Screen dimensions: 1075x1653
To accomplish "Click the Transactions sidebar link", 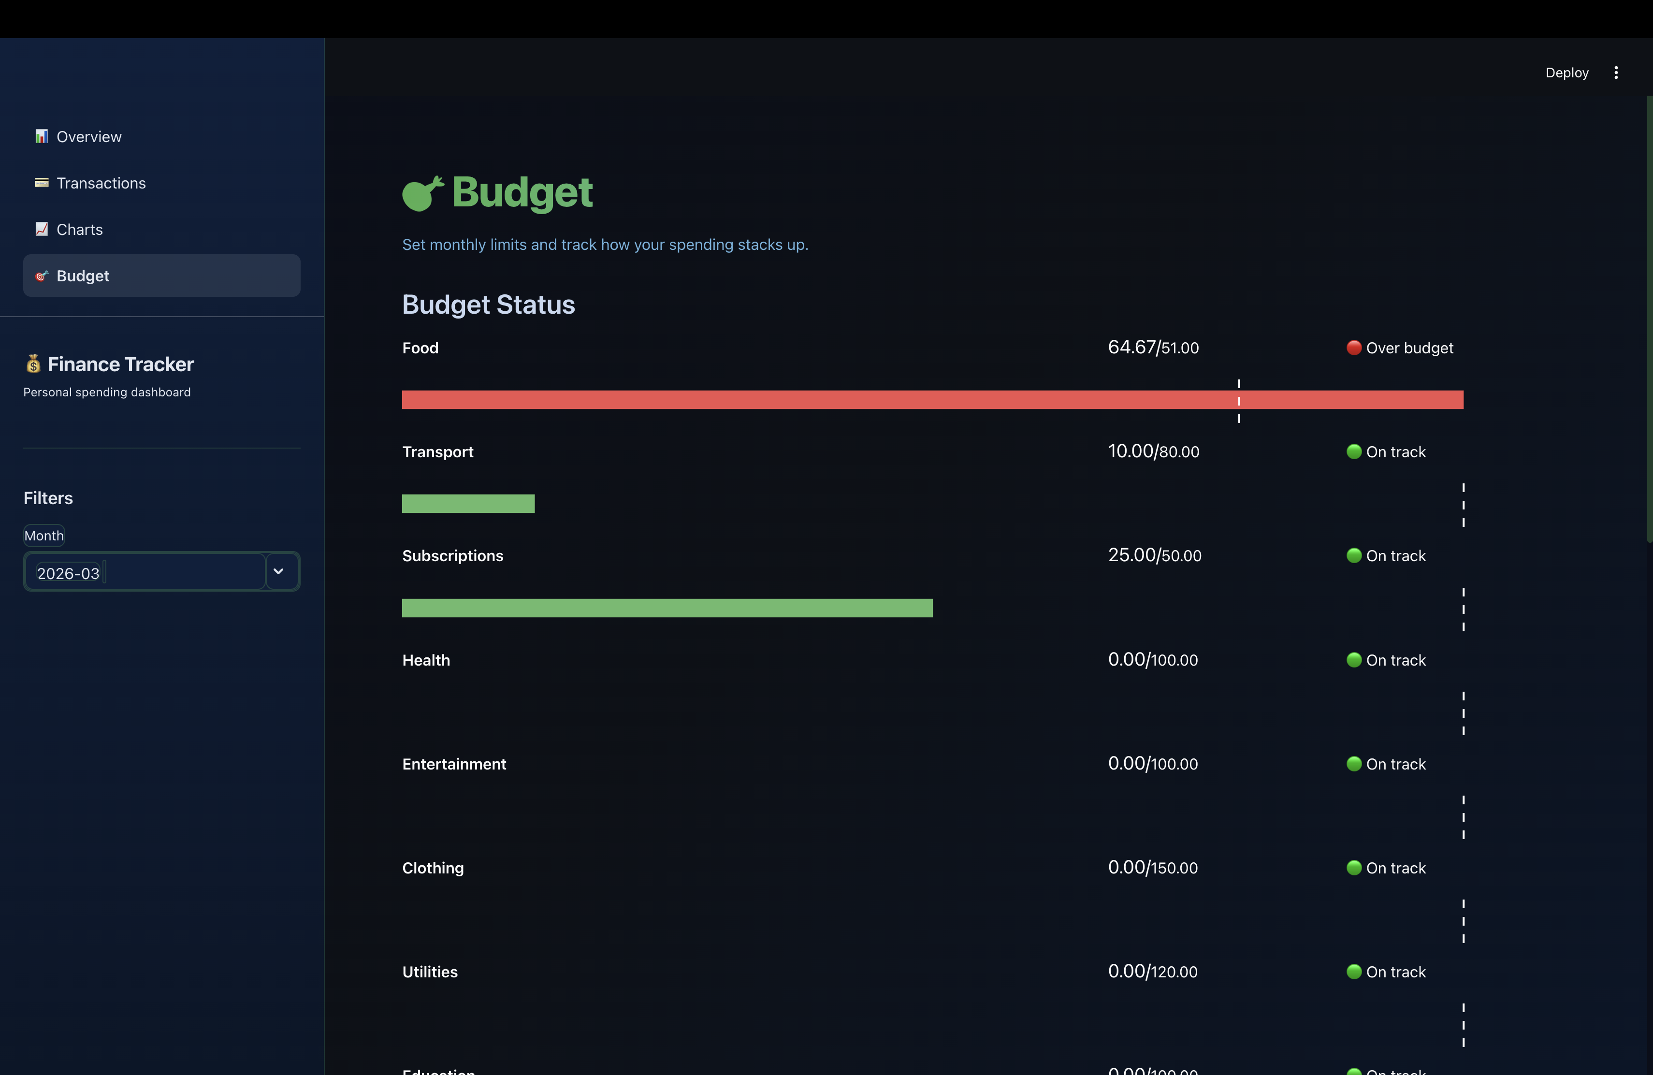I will (x=101, y=183).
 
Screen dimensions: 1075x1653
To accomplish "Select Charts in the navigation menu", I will (x=79, y=230).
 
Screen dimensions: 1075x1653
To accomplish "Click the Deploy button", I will (x=1566, y=73).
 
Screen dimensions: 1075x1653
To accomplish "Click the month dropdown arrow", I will (x=278, y=571).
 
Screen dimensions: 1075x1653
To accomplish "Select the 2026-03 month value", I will (x=68, y=574).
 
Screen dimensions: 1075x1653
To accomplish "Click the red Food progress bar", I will (x=931, y=400).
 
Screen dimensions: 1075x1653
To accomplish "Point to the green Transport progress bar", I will (x=468, y=504).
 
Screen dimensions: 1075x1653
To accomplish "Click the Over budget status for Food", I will (x=1408, y=348).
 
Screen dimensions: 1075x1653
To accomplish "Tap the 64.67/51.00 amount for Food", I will (x=1153, y=347).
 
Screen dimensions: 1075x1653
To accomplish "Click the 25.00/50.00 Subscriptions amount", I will (x=1154, y=555).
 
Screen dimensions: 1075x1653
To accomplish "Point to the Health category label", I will (x=426, y=660).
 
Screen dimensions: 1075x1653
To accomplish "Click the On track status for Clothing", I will (x=1394, y=868).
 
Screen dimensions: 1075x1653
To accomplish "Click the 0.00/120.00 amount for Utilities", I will (x=1152, y=972).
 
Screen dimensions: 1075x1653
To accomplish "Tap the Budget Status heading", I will (x=488, y=305).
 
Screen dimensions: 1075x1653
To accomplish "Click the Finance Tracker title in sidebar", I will (x=120, y=364).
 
